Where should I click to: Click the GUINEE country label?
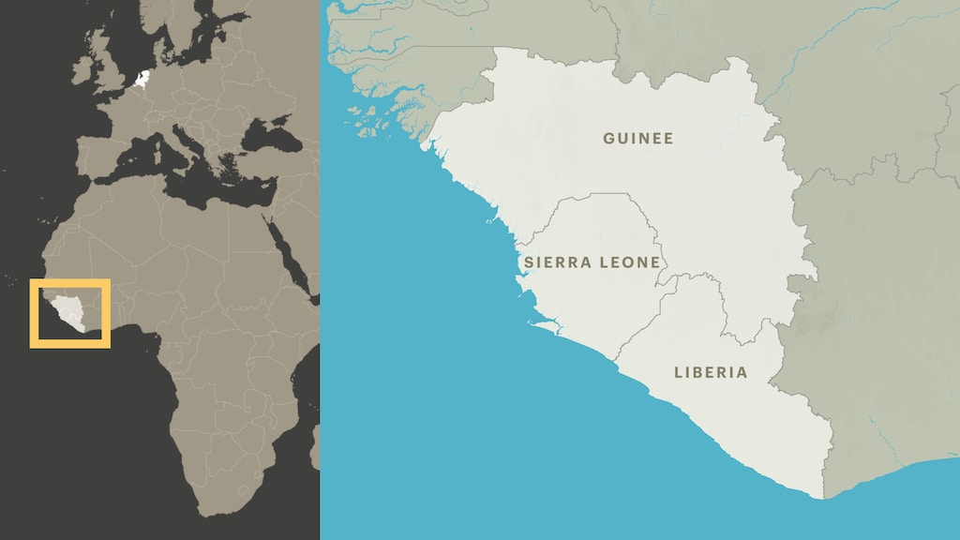637,139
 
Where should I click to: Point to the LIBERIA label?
711,372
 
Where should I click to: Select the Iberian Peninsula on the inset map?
98,155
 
